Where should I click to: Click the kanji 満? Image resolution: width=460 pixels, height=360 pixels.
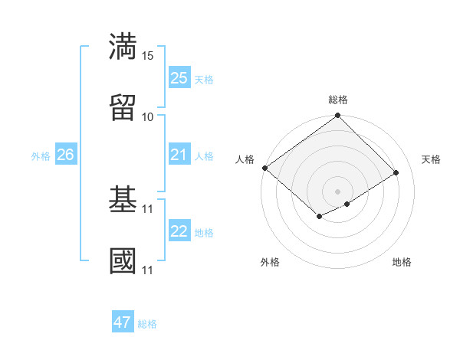[x=123, y=46]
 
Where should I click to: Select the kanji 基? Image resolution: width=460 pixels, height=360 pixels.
[x=123, y=200]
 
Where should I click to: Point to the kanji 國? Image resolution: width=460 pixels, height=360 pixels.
[x=123, y=261]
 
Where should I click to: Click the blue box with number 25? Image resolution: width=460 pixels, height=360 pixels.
[x=179, y=77]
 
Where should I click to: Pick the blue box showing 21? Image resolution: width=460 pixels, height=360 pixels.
[x=179, y=155]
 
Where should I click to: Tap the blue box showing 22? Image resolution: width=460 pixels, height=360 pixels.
[x=179, y=231]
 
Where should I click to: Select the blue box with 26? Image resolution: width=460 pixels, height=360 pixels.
[x=65, y=155]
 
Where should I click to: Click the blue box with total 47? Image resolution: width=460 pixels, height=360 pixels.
[x=123, y=322]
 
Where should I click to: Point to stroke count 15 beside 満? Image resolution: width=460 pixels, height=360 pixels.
[x=148, y=56]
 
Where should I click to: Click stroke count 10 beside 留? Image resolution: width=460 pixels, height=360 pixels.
[x=148, y=117]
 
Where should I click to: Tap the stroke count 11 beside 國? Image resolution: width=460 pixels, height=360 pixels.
[x=148, y=270]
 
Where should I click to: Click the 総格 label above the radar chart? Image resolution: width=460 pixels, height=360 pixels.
[x=338, y=100]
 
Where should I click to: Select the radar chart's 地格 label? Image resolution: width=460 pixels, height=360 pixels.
[x=402, y=262]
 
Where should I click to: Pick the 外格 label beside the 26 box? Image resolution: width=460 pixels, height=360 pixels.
[x=41, y=155]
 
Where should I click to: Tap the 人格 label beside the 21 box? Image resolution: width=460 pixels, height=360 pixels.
[x=204, y=155]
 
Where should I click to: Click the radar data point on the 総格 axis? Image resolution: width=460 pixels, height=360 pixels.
[x=338, y=116]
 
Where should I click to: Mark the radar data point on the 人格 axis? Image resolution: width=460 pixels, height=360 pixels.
[x=264, y=168]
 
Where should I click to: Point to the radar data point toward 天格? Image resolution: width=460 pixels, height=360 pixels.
[x=396, y=172]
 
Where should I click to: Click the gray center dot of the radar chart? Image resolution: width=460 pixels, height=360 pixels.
[x=338, y=191]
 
